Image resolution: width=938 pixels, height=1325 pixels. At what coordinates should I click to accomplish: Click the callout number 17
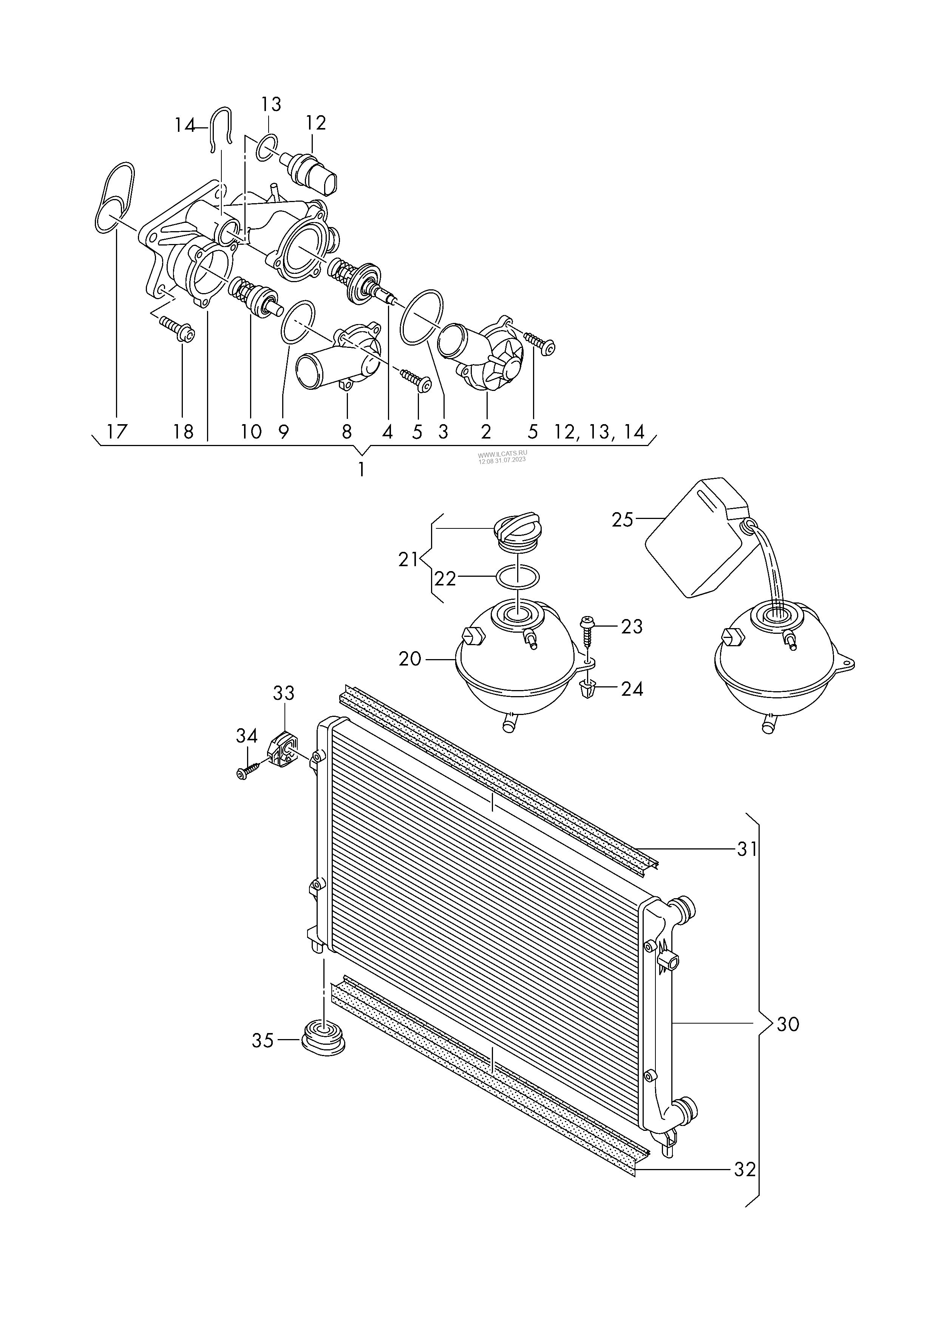pos(117,431)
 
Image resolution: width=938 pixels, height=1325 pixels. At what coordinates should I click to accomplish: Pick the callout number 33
pos(284,693)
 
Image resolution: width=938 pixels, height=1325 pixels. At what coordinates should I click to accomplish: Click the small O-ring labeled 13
pos(266,146)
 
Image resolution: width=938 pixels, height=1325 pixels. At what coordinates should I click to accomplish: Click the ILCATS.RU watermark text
pos(502,456)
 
